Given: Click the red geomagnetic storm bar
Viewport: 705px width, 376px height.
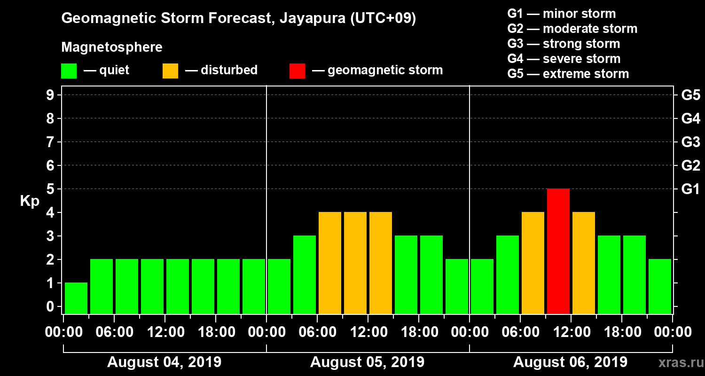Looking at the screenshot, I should pos(558,251).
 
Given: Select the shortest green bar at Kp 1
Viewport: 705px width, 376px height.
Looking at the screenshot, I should pos(76,298).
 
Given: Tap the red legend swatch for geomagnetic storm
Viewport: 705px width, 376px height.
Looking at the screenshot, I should pos(297,70).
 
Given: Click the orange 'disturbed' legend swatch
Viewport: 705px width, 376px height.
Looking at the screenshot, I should pos(170,70).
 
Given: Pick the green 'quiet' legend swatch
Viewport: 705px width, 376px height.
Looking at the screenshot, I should pos(69,70).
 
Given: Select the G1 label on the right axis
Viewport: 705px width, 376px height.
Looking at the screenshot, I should pos(690,189).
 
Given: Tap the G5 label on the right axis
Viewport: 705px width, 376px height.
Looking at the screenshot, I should pos(690,95).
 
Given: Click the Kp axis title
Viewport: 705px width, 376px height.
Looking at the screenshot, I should pos(30,201).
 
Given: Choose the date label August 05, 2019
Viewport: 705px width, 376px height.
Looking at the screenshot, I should pos(367,362).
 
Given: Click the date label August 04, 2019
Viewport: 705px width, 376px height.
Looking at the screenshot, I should pos(164,362).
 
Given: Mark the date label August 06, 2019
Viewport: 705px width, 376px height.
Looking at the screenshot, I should pos(570,362).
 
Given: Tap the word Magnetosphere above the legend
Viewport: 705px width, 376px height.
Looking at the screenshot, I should pos(112,47).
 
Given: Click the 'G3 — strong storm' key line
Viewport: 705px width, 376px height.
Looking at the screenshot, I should pos(564,44).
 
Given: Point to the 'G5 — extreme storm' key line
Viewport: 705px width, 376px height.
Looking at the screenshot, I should pos(568,74).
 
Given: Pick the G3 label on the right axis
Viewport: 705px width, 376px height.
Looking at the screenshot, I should pos(690,142).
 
